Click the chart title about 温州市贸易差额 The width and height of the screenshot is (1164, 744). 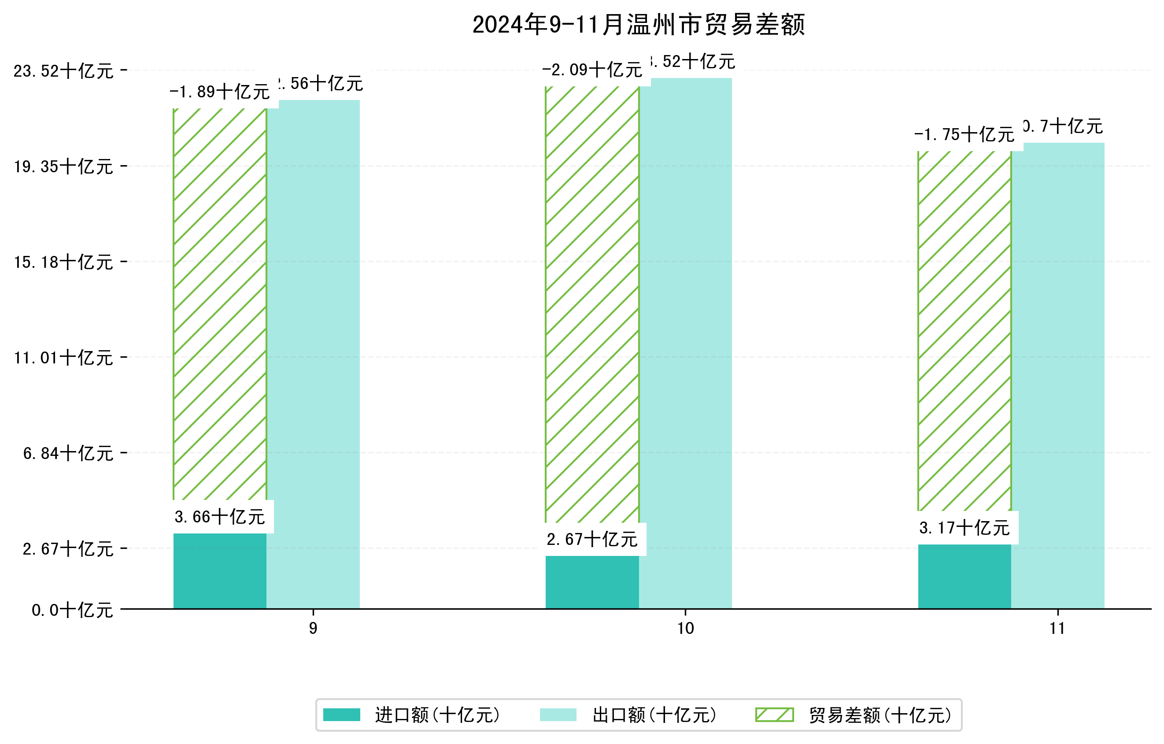pyautogui.click(x=638, y=25)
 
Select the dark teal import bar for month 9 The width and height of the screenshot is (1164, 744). pyautogui.click(x=220, y=571)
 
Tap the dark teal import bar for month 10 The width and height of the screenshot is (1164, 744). pyautogui.click(x=592, y=582)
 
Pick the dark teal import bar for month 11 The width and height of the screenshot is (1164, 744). pyautogui.click(x=964, y=576)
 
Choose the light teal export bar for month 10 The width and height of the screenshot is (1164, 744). pyautogui.click(x=685, y=343)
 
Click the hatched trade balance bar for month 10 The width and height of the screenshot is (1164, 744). pyautogui.click(x=592, y=304)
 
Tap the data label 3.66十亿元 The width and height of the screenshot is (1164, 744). pyautogui.click(x=220, y=517)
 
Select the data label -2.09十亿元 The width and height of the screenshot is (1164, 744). pyautogui.click(x=592, y=70)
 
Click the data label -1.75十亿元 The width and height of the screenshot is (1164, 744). pyautogui.click(x=964, y=134)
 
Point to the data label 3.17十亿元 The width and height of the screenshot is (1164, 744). pyautogui.click(x=964, y=528)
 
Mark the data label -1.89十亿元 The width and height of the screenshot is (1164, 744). pyautogui.click(x=220, y=92)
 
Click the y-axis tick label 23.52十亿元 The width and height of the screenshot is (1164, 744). pyautogui.click(x=63, y=71)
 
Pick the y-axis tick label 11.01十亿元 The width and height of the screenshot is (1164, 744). pyautogui.click(x=63, y=358)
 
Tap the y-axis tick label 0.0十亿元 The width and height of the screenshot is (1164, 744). pyautogui.click(x=73, y=610)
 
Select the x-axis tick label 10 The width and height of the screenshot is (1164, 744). pyautogui.click(x=685, y=629)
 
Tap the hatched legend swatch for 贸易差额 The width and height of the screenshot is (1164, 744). pyautogui.click(x=774, y=715)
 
